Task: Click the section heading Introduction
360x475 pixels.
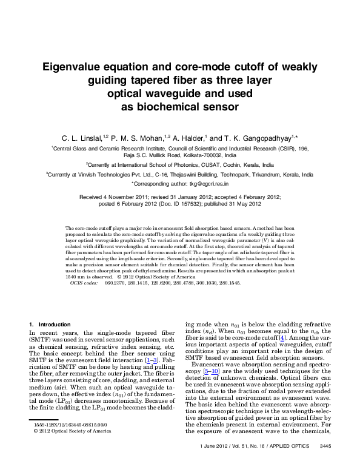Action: pyautogui.click(x=53, y=325)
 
